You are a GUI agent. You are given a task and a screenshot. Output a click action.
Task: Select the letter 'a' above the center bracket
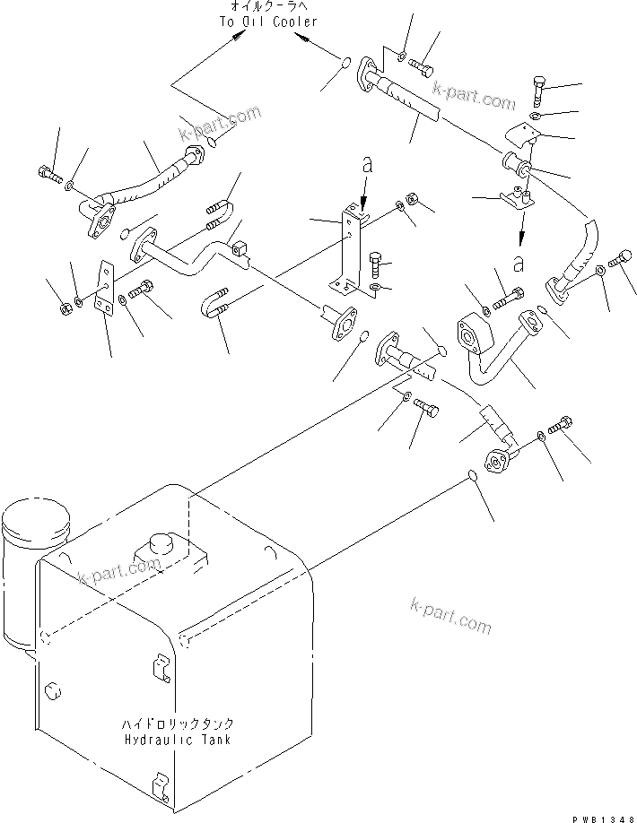pyautogui.click(x=366, y=166)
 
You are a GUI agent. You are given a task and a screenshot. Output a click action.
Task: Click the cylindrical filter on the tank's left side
pyautogui.click(x=36, y=538)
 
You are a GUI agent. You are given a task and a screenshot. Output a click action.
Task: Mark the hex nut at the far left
pyautogui.click(x=65, y=309)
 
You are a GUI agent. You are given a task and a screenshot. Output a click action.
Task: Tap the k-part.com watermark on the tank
pyautogui.click(x=119, y=569)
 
